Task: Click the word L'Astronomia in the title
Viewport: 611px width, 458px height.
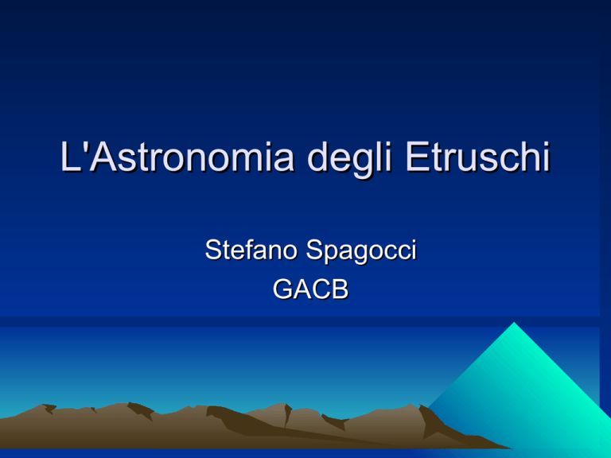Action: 177,157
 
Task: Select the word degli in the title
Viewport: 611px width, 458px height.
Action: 348,160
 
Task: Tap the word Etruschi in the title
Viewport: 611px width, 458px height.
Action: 477,157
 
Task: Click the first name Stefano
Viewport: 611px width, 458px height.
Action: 251,250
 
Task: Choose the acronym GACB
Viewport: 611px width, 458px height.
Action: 310,289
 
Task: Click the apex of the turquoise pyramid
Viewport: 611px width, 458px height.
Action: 514,323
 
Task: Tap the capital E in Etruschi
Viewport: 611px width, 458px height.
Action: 418,157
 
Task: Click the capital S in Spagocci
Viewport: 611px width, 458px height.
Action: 315,250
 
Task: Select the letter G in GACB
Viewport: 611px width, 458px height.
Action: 282,289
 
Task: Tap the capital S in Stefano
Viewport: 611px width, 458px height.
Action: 214,250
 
